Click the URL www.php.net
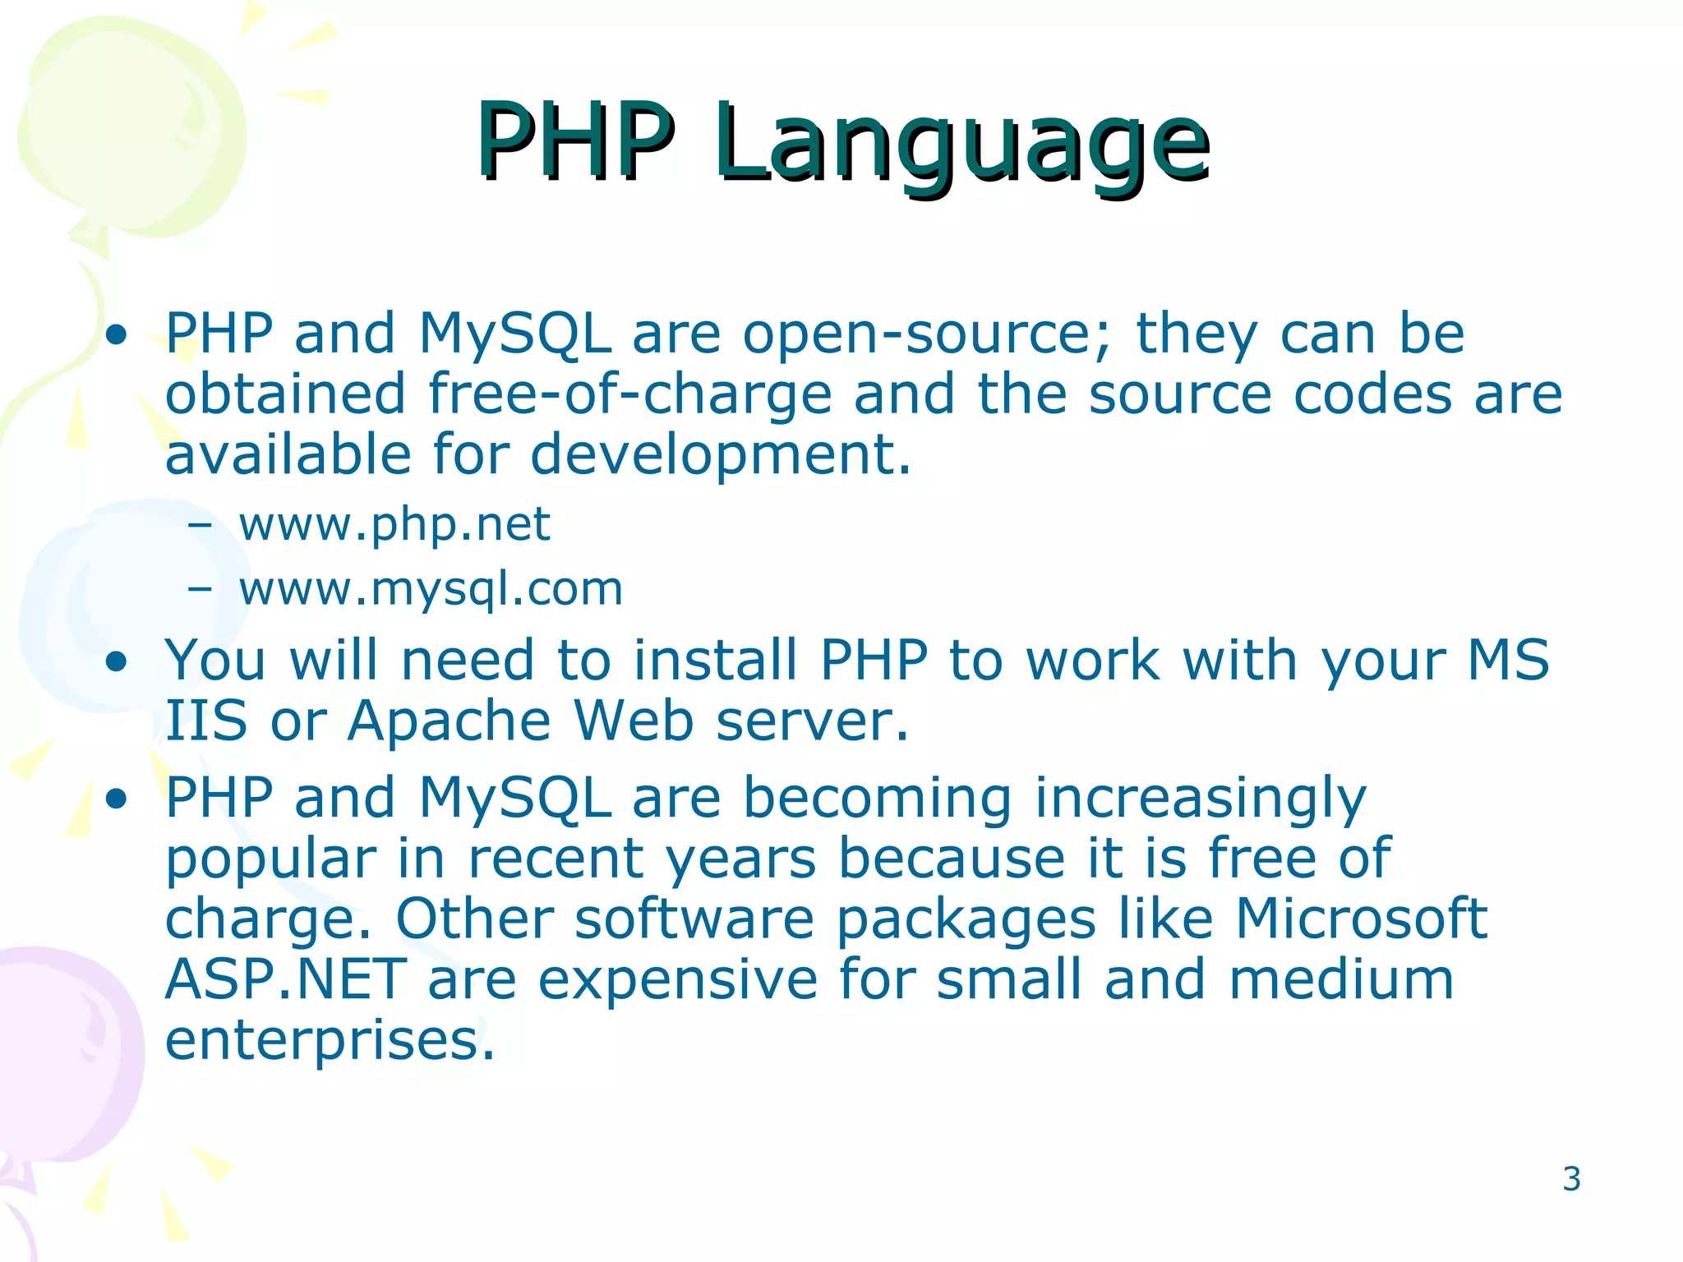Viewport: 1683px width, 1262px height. pyautogui.click(x=394, y=524)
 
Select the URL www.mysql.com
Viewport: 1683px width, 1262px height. pyautogui.click(x=431, y=589)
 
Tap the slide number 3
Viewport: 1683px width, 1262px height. pyautogui.click(x=1571, y=1179)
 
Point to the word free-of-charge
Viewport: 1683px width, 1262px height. pyautogui.click(x=630, y=394)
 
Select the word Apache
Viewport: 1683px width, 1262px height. pyautogui.click(x=449, y=721)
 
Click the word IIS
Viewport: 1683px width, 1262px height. pyautogui.click(x=205, y=721)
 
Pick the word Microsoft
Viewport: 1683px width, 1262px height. pyautogui.click(x=1361, y=919)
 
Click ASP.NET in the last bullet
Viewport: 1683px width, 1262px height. pyautogui.click(x=285, y=979)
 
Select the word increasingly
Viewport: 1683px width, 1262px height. pyautogui.click(x=1200, y=799)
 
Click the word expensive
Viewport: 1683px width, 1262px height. pyautogui.click(x=678, y=979)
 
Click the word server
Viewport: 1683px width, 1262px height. pyautogui.click(x=811, y=721)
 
